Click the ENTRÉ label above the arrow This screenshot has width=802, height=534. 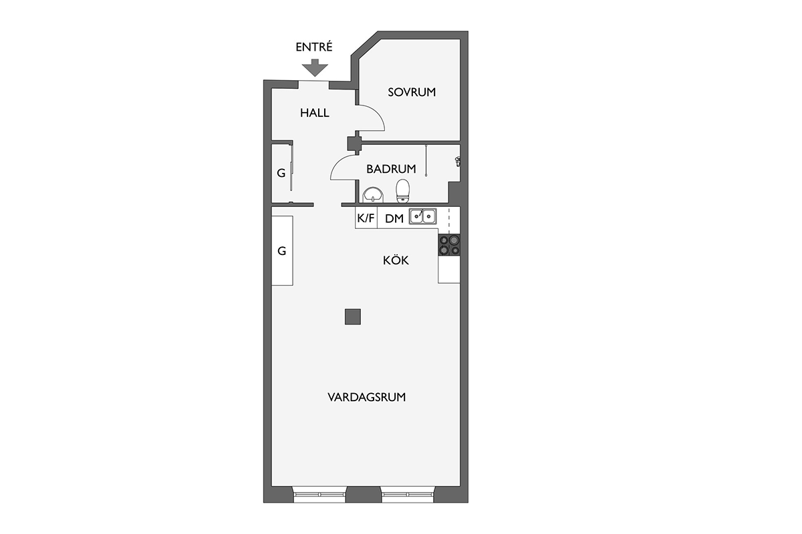click(x=314, y=47)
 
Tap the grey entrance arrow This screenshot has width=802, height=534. click(x=315, y=67)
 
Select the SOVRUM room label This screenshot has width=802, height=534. click(x=412, y=92)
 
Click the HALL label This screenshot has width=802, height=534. click(x=314, y=113)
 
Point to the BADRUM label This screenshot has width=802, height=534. click(x=391, y=169)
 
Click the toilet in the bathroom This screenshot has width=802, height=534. click(x=403, y=191)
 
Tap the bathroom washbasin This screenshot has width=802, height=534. click(x=373, y=196)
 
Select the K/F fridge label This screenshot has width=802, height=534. click(x=366, y=218)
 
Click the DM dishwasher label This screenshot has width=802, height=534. click(x=394, y=218)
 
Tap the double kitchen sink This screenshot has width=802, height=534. click(x=423, y=216)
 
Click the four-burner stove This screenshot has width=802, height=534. click(x=449, y=245)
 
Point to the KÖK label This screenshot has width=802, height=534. click(x=396, y=260)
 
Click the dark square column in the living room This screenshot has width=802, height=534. click(x=353, y=317)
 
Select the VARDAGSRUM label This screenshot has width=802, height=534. click(x=367, y=397)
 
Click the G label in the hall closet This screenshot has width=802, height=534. click(x=281, y=173)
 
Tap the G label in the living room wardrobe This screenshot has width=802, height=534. click(x=282, y=251)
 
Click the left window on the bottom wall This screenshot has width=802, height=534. click(x=319, y=495)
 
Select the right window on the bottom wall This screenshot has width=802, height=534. click(x=408, y=495)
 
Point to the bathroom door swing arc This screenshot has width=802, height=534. click(x=338, y=163)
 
